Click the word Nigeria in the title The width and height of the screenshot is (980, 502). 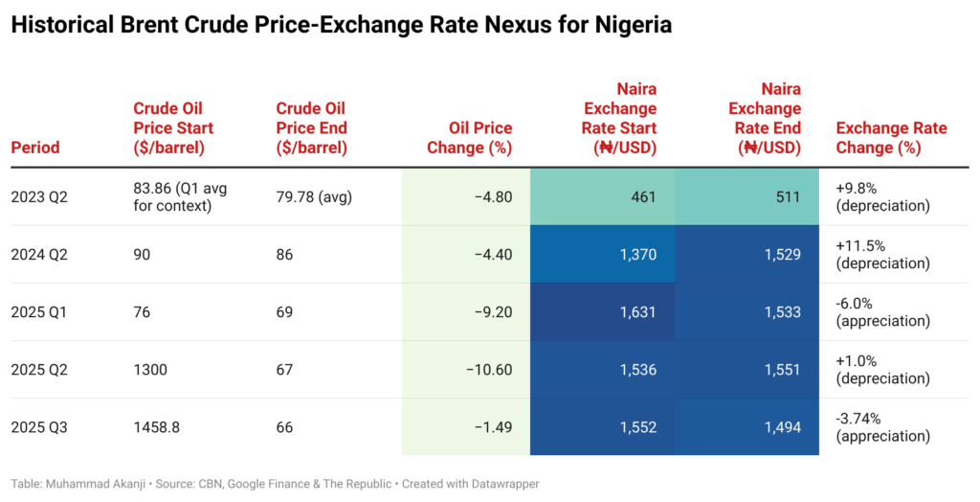623,26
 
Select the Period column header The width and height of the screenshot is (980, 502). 35,148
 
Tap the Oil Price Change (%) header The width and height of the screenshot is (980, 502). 480,138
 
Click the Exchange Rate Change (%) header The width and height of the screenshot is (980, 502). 891,138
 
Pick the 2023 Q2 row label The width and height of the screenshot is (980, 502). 40,197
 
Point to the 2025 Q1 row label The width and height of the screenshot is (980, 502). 40,312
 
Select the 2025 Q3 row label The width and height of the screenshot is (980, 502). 40,427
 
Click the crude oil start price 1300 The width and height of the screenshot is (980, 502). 153,370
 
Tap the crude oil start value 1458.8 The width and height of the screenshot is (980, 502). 157,427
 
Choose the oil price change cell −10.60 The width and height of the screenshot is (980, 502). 488,370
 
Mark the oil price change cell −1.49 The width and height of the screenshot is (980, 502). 493,427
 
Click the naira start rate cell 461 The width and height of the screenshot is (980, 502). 643,197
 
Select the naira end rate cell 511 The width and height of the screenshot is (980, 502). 788,197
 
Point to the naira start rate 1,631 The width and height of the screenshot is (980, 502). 633,312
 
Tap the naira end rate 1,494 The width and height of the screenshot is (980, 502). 777,427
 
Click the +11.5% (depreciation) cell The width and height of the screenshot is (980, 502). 881,255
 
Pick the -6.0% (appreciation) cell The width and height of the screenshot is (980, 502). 881,312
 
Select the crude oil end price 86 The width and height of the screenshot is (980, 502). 284,255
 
